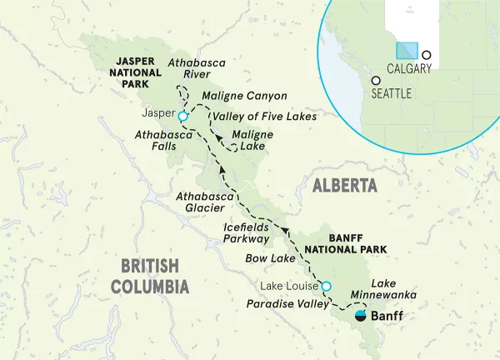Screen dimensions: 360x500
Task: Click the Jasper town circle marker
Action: click(x=183, y=117)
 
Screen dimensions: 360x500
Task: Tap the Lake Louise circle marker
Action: click(x=327, y=287)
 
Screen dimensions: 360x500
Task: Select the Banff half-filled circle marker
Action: click(x=360, y=316)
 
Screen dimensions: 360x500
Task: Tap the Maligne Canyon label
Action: click(x=244, y=97)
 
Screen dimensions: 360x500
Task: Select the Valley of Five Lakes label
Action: click(x=264, y=117)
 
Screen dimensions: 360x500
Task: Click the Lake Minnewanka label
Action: click(x=401, y=289)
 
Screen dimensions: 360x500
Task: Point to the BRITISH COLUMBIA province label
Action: click(x=150, y=276)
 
